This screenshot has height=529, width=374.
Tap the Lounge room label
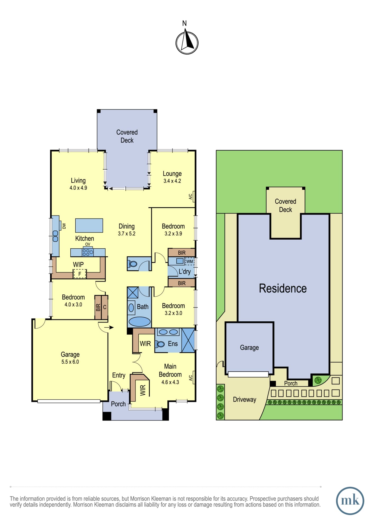pos(172,174)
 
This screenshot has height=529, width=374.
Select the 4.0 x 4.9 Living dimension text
pos(78,188)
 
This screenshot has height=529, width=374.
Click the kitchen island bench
pos(89,225)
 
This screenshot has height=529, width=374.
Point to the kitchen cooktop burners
pos(88,252)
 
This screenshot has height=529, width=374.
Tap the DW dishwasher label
pos(64,226)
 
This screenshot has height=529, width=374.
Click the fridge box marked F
pos(80,274)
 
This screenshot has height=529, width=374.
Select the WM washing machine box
pos(189,262)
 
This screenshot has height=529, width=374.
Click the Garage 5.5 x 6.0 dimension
pos(70,362)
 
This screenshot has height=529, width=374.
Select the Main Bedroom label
pos(170,370)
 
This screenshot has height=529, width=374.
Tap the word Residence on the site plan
pos(283,288)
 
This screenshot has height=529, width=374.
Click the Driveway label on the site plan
pos(244,399)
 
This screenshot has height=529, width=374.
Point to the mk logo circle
pos(350,501)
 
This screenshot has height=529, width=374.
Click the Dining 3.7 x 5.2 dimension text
pos(127,234)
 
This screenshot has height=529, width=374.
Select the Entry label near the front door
pos(119,375)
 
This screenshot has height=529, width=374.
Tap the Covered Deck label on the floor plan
pos(127,136)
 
